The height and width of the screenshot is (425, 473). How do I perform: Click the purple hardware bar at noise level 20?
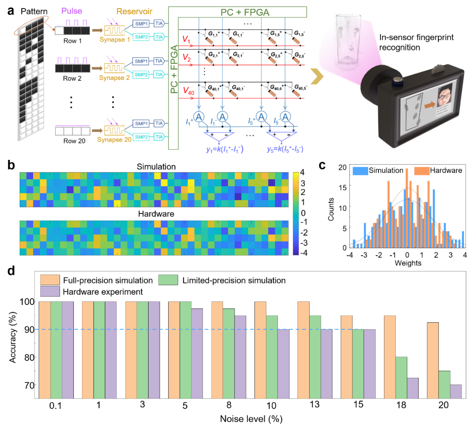456,391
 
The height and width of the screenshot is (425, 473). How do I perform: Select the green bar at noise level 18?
401,378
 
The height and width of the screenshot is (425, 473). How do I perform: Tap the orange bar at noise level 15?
346,357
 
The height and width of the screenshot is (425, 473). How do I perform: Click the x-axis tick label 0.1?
55,406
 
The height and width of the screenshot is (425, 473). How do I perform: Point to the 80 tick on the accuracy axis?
29,357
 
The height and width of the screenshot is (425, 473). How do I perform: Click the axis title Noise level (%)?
251,419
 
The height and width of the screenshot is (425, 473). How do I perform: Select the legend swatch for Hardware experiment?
50,291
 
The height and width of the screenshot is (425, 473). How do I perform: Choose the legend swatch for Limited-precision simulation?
168,280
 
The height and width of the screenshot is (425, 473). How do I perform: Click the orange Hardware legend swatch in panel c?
421,171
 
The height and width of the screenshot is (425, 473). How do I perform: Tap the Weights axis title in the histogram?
408,263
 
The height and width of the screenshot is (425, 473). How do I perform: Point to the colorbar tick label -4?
303,253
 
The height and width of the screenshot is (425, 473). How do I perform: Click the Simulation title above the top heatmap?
156,166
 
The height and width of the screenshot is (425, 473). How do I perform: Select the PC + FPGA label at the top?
245,12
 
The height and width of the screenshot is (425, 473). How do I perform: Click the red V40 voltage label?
188,91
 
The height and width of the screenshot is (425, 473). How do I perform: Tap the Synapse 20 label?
114,139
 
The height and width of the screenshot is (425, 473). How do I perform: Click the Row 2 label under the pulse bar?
72,79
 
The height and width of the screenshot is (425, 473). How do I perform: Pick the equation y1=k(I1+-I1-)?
225,149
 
